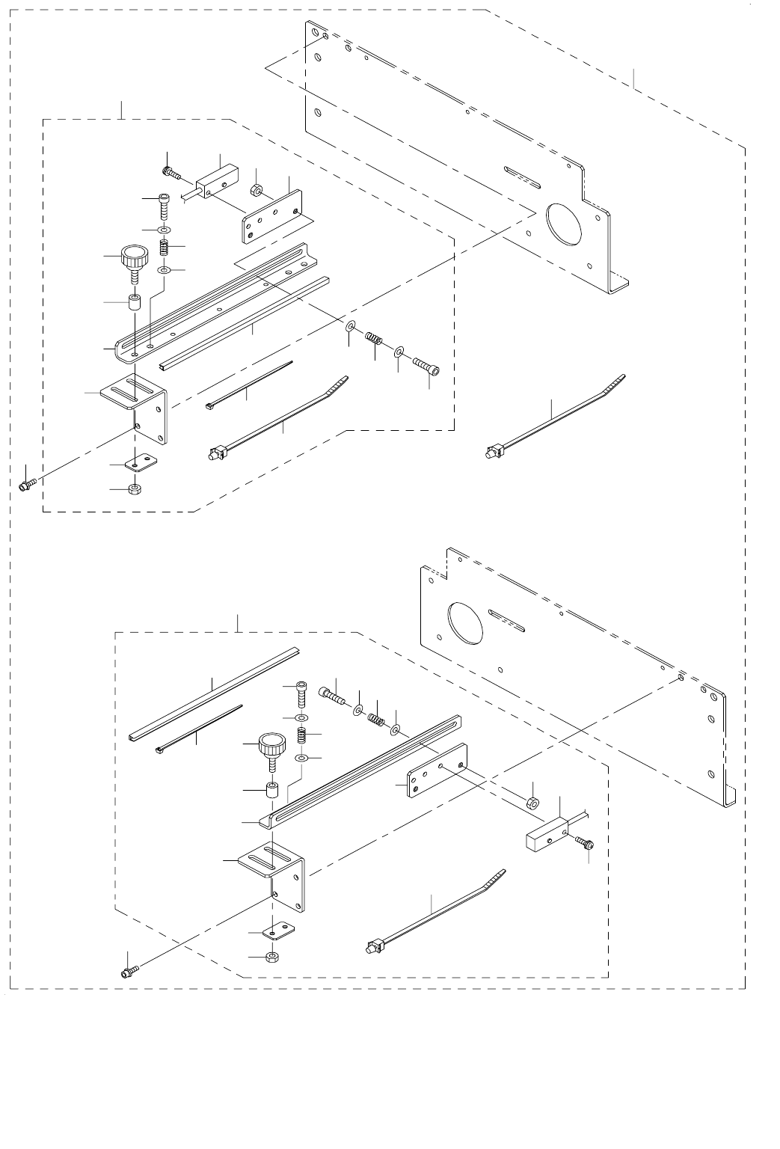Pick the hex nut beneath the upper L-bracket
pyautogui.click(x=135, y=490)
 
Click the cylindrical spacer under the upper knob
pyautogui.click(x=136, y=304)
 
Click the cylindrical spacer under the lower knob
pyautogui.click(x=274, y=790)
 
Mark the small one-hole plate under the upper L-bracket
pyautogui.click(x=139, y=464)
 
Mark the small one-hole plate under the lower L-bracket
pyautogui.click(x=277, y=931)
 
